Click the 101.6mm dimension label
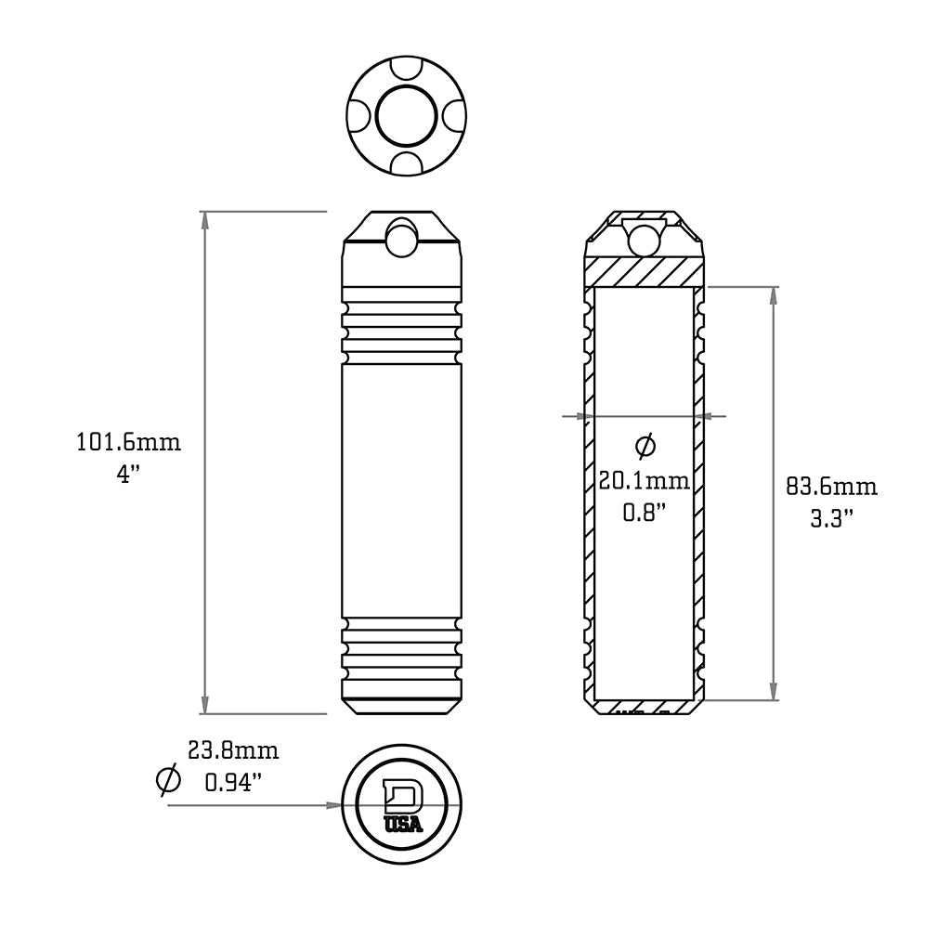click(x=128, y=442)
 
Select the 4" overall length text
click(x=128, y=474)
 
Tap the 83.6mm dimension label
click(x=831, y=487)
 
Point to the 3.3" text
click(x=831, y=518)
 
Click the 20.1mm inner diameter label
click(x=644, y=481)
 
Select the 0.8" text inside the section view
click(x=644, y=513)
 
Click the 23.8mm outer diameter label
click(x=232, y=750)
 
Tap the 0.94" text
click(x=232, y=782)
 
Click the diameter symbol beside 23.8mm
click(x=168, y=778)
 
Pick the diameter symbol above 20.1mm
click(x=645, y=446)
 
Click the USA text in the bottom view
click(x=403, y=824)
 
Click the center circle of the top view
click(x=406, y=117)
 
